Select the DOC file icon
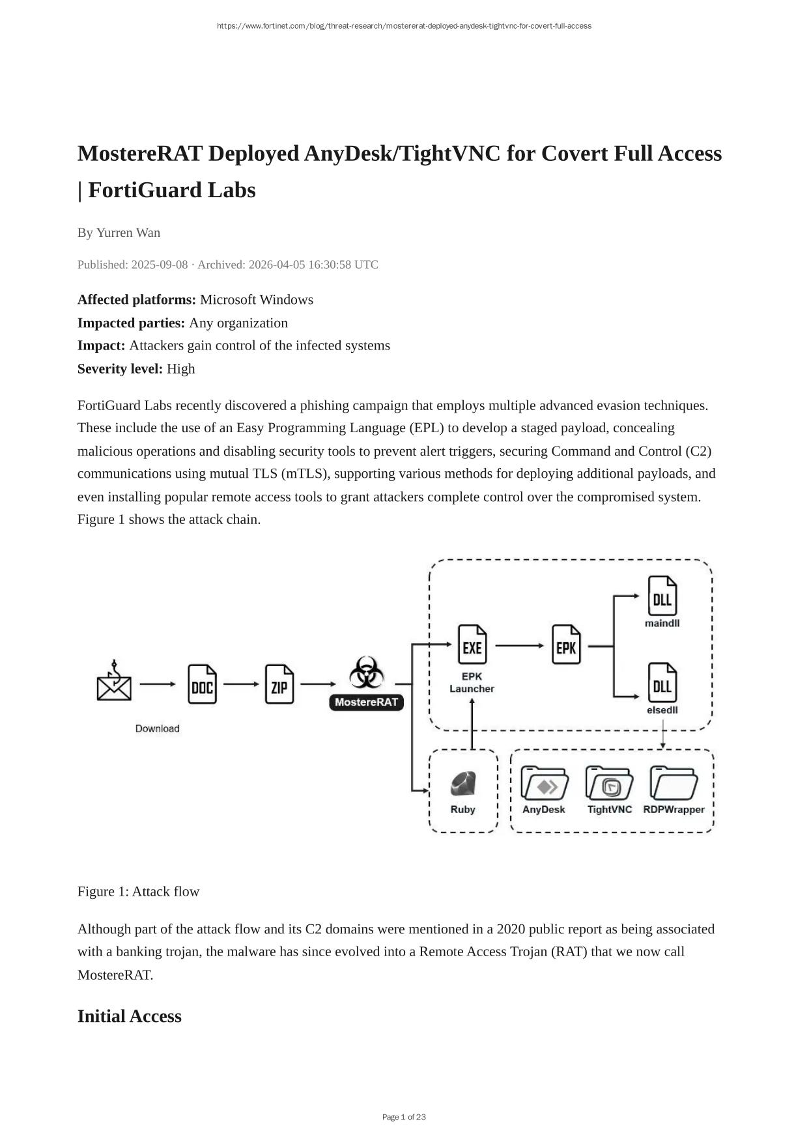pyautogui.click(x=202, y=684)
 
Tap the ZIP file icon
pyautogui.click(x=279, y=684)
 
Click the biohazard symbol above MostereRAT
pyautogui.click(x=366, y=672)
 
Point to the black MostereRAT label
pyautogui.click(x=366, y=702)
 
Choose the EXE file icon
pyautogui.click(x=472, y=645)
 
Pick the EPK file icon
pyautogui.click(x=566, y=645)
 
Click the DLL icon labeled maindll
pyautogui.click(x=662, y=596)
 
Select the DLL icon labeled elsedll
pyautogui.click(x=662, y=683)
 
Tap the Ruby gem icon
pyautogui.click(x=462, y=784)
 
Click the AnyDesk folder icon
pyautogui.click(x=544, y=784)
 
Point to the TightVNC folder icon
pyautogui.click(x=609, y=784)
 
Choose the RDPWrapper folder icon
pyautogui.click(x=674, y=784)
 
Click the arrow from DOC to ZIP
pyautogui.click(x=241, y=684)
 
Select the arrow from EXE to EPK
pyautogui.click(x=519, y=646)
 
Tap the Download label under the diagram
pyautogui.click(x=157, y=728)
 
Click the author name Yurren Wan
pyautogui.click(x=128, y=232)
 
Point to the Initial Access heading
pyautogui.click(x=129, y=1016)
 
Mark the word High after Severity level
pyautogui.click(x=180, y=368)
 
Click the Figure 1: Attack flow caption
pyautogui.click(x=138, y=891)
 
